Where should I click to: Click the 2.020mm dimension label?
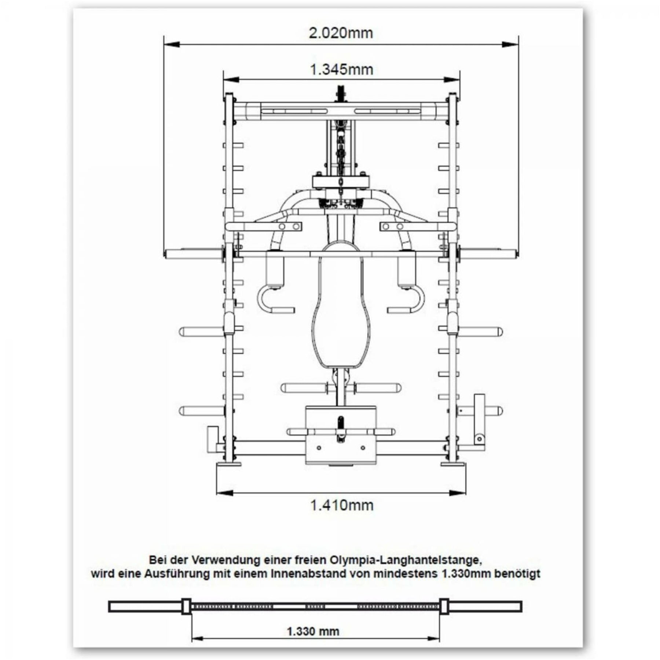[x=341, y=33]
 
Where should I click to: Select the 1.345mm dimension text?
[x=342, y=69]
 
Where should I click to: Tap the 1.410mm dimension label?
[x=342, y=505]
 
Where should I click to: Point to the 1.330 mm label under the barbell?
[x=313, y=631]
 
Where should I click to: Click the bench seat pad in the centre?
[x=341, y=312]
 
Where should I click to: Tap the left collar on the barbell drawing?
[x=186, y=607]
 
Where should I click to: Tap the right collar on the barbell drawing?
[x=444, y=607]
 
